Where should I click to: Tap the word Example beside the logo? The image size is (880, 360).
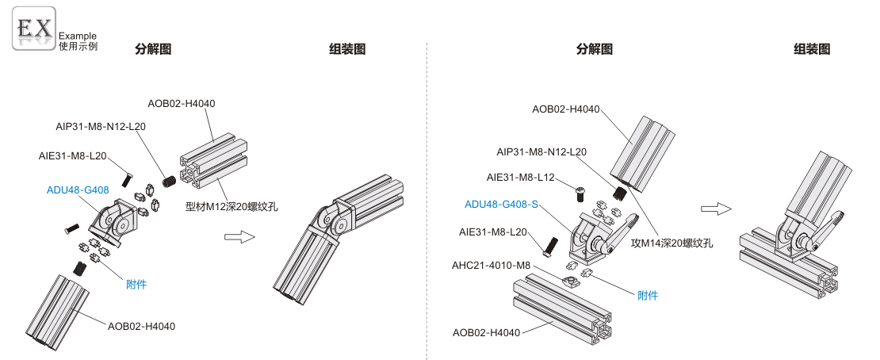[x=78, y=36]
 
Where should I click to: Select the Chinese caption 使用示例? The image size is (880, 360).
[x=78, y=46]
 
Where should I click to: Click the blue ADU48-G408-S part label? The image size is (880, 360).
[x=501, y=205]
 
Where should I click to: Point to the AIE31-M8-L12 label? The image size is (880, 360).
[x=520, y=177]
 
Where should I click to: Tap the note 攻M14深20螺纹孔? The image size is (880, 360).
[x=671, y=243]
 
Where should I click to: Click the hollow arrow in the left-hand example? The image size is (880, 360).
[x=239, y=237]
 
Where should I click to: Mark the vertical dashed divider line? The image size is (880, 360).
[x=427, y=198]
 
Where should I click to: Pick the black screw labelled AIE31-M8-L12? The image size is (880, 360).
[x=580, y=190]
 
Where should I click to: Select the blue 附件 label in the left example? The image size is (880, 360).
[x=136, y=283]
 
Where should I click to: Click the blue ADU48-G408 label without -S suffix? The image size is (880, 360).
[x=78, y=189]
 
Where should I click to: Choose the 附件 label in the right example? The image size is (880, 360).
[x=648, y=295]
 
